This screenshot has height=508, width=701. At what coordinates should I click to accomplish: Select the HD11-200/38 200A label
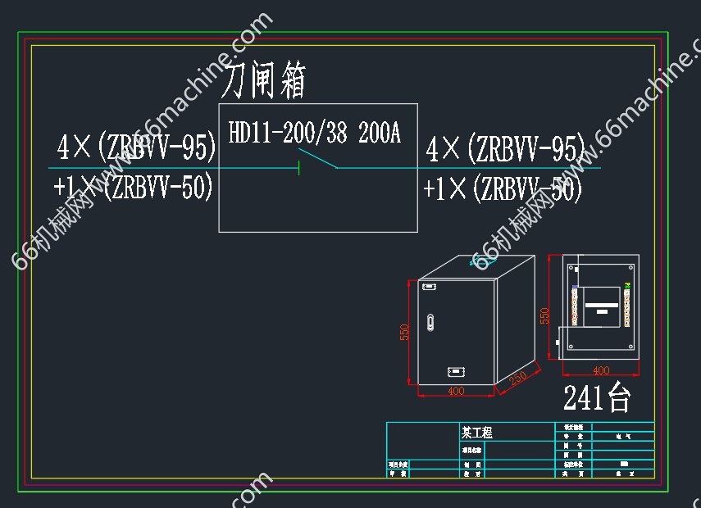click(314, 133)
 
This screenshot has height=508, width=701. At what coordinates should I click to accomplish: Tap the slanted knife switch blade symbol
click(317, 158)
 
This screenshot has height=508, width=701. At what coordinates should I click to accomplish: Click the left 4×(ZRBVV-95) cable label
click(136, 147)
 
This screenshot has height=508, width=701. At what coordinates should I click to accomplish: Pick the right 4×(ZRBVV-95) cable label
click(505, 149)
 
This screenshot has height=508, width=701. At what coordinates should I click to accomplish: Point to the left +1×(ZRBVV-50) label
click(133, 187)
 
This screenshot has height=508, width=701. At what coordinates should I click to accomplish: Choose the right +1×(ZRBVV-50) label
click(503, 189)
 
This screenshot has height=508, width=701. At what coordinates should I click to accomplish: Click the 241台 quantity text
click(597, 398)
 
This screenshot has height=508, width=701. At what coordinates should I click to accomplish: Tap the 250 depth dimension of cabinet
click(517, 379)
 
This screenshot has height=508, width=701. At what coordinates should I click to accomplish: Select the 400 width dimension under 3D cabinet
click(456, 392)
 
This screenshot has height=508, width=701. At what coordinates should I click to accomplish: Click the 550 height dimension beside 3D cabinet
click(404, 332)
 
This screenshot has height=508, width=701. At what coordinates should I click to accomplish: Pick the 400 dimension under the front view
click(601, 371)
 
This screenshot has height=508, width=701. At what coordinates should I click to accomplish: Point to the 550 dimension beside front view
click(544, 315)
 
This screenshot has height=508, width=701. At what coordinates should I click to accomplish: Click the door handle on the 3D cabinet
click(429, 322)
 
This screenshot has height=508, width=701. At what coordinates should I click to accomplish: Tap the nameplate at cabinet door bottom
click(454, 372)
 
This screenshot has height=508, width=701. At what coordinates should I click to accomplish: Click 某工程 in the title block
click(477, 433)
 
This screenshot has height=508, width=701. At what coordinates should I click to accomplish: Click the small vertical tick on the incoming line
click(298, 168)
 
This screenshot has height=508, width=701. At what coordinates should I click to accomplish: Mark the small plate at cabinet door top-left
click(427, 286)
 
